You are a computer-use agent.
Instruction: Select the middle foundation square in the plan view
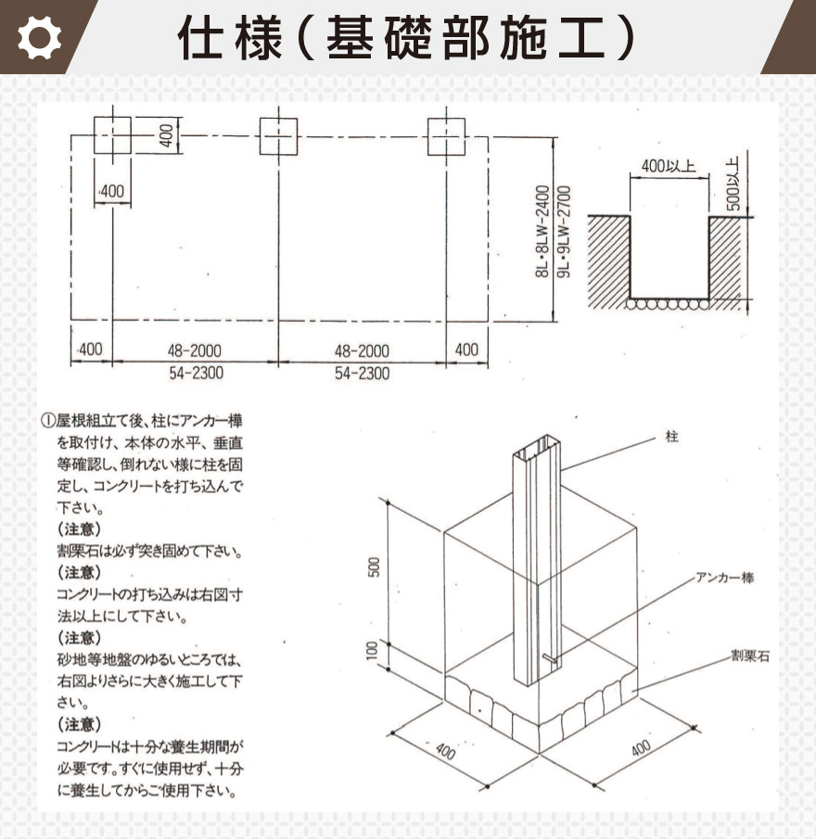(x=278, y=136)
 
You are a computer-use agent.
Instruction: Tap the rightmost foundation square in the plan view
(x=446, y=136)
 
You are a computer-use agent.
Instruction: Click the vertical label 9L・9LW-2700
(x=563, y=232)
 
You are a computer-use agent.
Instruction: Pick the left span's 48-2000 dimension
(x=194, y=351)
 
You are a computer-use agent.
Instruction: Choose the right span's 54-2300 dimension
(x=362, y=373)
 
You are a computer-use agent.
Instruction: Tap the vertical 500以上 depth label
(x=733, y=181)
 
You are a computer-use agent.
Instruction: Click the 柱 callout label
(x=671, y=435)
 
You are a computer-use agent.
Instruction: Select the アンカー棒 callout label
(x=725, y=577)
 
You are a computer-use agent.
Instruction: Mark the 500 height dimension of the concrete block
(x=375, y=566)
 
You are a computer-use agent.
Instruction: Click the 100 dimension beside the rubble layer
(x=375, y=652)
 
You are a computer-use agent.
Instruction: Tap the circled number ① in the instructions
(x=47, y=420)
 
